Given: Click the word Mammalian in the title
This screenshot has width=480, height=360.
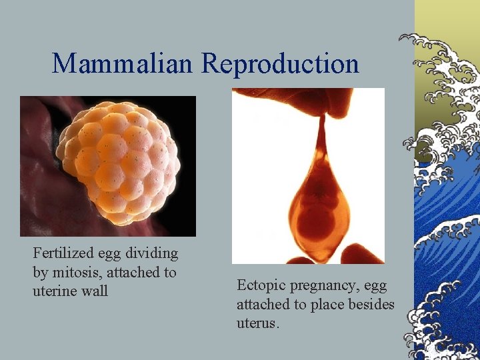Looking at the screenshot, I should coord(124,63).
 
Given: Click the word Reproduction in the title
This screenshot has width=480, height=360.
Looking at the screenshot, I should coord(280,63).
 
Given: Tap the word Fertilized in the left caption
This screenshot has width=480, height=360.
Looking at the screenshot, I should coord(63,253).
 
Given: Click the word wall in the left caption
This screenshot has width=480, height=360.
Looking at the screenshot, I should coord(95,291).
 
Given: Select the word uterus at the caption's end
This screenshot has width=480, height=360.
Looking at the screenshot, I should coord(257,323).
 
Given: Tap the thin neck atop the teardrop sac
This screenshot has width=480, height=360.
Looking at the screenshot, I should coord(321,133).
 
